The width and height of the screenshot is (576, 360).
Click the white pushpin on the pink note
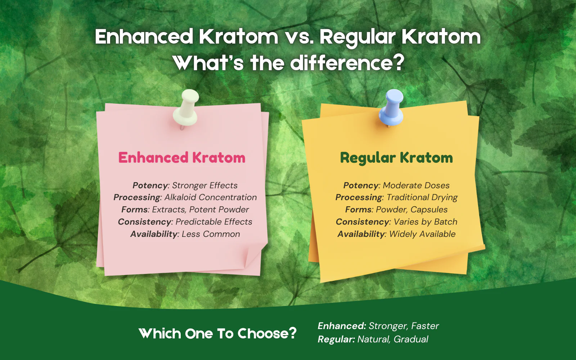tap(186, 108)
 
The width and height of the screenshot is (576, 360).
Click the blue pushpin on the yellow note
tap(391, 108)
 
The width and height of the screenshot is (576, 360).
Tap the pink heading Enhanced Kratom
tap(182, 157)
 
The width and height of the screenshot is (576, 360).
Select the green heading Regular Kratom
tap(396, 158)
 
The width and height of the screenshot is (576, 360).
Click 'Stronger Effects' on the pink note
tap(205, 185)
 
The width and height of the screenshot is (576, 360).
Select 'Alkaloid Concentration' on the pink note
tap(211, 197)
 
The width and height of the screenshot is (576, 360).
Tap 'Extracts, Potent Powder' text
tap(200, 210)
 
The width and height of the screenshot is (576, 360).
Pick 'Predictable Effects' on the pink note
tap(214, 222)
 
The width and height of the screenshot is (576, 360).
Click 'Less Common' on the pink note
tap(211, 234)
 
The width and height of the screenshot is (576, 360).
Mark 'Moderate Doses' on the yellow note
tap(416, 185)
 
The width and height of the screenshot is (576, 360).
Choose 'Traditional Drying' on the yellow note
tap(422, 198)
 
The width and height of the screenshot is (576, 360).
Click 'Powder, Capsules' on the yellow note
tap(412, 210)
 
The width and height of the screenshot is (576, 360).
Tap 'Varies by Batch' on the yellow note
tap(425, 222)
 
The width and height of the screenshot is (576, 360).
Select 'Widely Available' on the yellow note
tap(422, 234)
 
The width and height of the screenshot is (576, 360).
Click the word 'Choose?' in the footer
tap(267, 333)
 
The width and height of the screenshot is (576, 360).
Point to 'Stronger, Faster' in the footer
tap(404, 326)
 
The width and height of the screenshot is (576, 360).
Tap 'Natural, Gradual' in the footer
tap(393, 339)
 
